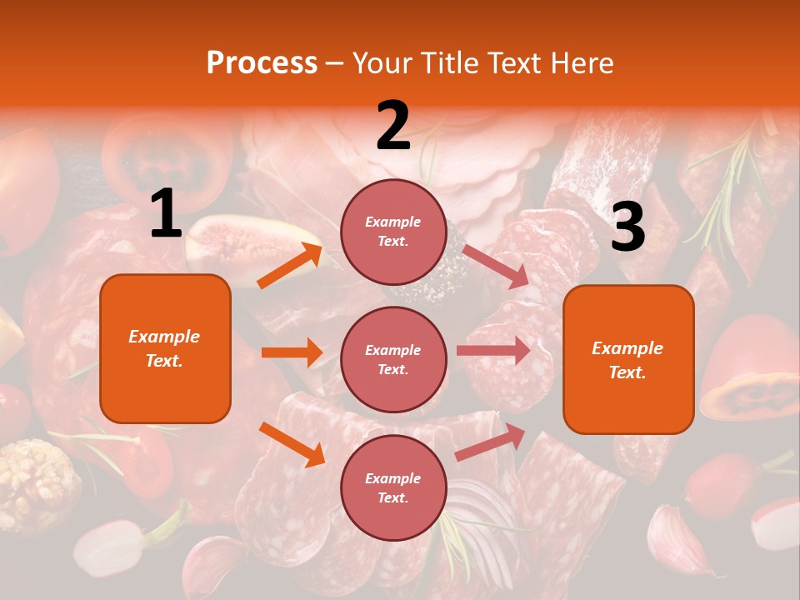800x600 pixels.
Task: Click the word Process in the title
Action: click(262, 62)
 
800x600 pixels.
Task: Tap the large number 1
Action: click(166, 214)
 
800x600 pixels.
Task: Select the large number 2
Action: click(393, 126)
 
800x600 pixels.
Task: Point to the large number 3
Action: click(627, 227)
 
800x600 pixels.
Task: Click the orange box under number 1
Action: click(165, 348)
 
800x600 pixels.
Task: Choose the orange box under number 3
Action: click(628, 360)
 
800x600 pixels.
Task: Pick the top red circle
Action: click(393, 232)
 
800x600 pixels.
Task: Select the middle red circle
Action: click(393, 360)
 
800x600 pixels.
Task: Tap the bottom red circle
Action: click(393, 488)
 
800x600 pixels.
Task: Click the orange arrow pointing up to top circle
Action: click(289, 266)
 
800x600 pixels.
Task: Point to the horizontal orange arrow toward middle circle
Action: click(292, 352)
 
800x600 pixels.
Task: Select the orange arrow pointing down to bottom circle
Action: click(292, 444)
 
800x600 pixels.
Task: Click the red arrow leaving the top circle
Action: click(495, 266)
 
